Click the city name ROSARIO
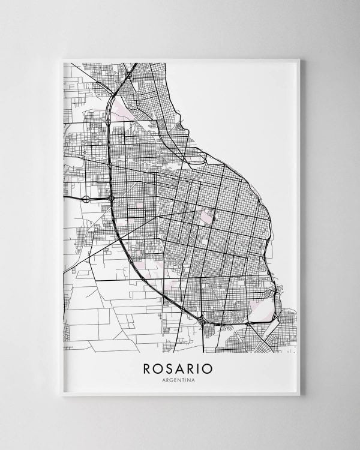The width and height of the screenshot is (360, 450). pos(178,368)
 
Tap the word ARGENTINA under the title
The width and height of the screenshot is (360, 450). pos(178,380)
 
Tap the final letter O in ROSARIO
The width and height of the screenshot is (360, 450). pos(209,368)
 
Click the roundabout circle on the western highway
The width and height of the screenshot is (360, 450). pos(86,199)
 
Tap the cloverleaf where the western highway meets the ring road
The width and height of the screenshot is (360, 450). pos(112,197)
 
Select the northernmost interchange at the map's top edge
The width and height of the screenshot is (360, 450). pos(128,76)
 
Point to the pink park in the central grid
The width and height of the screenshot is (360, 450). pos(207,215)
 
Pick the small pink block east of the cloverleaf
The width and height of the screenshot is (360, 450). pos(139,205)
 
